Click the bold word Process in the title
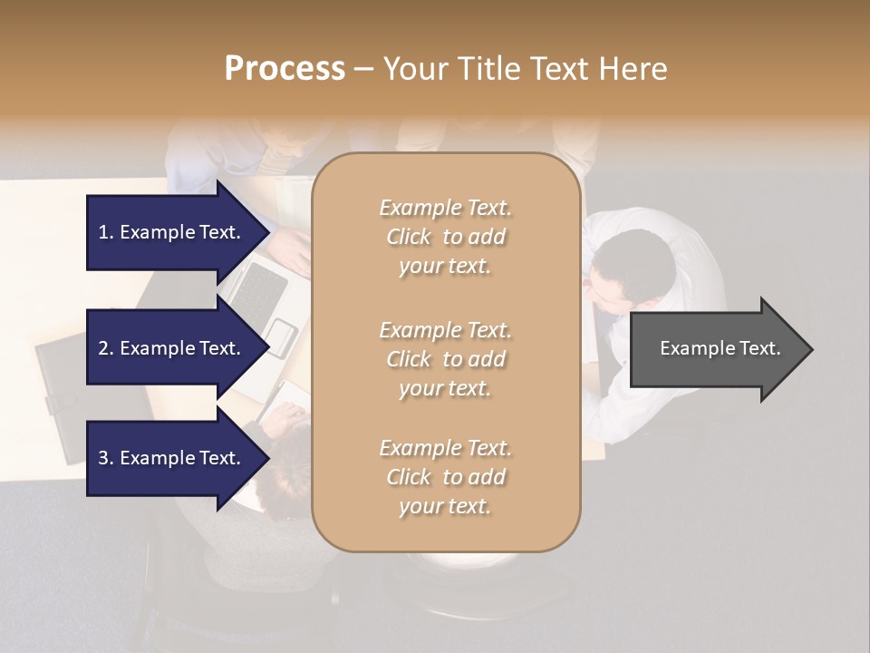pos(285,69)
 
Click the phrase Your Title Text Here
pos(525,69)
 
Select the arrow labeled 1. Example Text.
pos(172,232)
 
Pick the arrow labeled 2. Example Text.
pos(172,348)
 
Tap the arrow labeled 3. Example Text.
pos(172,458)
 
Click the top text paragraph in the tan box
pos(445,237)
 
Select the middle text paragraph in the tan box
pos(445,359)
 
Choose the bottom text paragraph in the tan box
pos(445,477)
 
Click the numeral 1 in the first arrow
pos(103,232)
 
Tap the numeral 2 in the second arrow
pos(103,348)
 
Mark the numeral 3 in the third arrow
pos(103,458)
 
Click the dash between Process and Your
pos(364,69)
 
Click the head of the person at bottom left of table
pos(285,463)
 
